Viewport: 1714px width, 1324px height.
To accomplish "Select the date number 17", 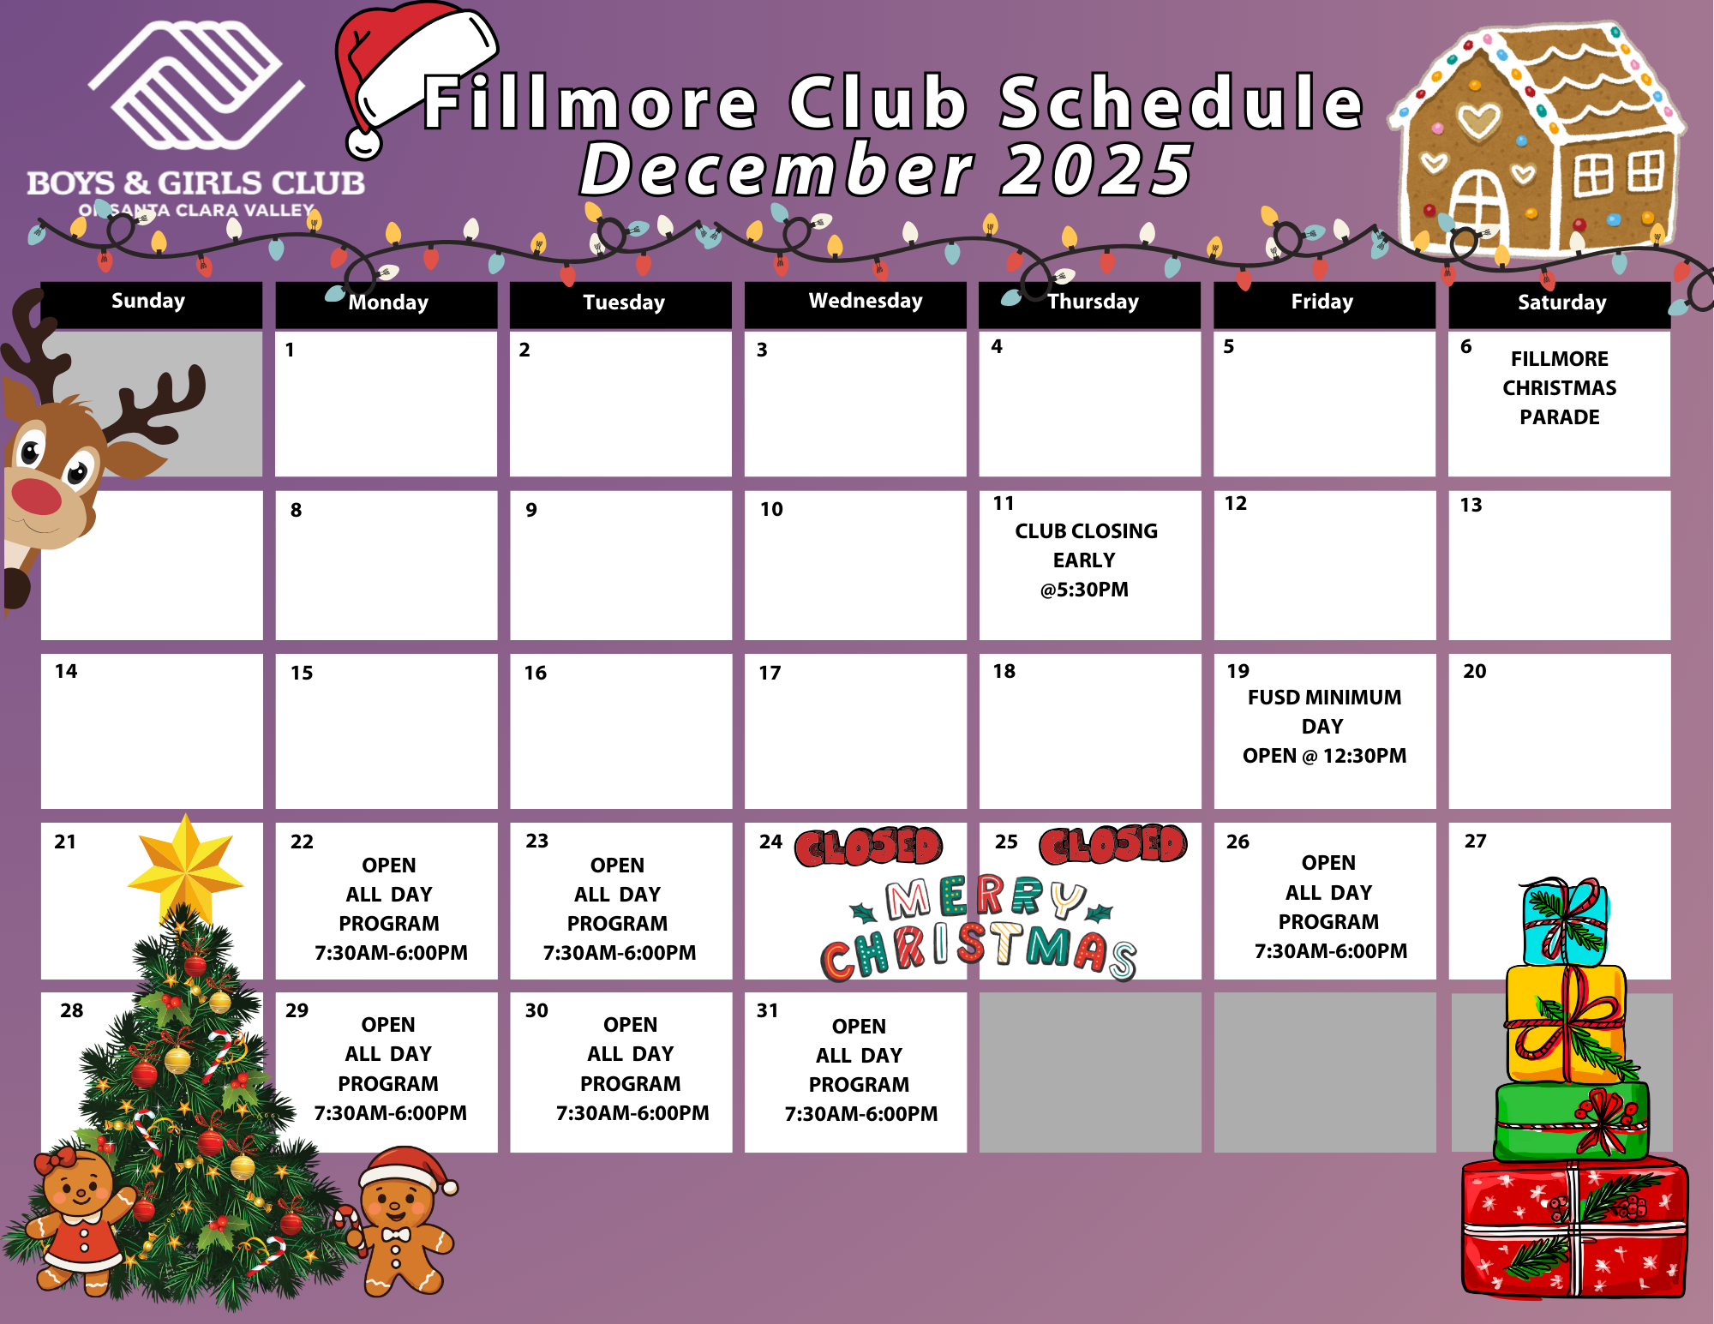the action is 770,673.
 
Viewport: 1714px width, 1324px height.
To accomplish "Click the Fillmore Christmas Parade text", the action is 1560,387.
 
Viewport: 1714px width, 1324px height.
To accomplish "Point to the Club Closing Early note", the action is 1086,560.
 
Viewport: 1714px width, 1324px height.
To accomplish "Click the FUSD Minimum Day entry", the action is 1324,726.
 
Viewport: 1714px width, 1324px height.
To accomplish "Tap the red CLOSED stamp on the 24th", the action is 868,847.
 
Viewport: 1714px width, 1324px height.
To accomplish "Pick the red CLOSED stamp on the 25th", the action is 1113,845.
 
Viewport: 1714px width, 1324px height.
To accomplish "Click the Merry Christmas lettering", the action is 978,928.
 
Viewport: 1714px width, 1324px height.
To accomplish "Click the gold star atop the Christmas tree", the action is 185,868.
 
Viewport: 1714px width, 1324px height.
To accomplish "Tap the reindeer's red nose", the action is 36,496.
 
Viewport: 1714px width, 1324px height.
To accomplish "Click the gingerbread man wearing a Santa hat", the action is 400,1220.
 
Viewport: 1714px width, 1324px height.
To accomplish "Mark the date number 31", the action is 767,1010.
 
